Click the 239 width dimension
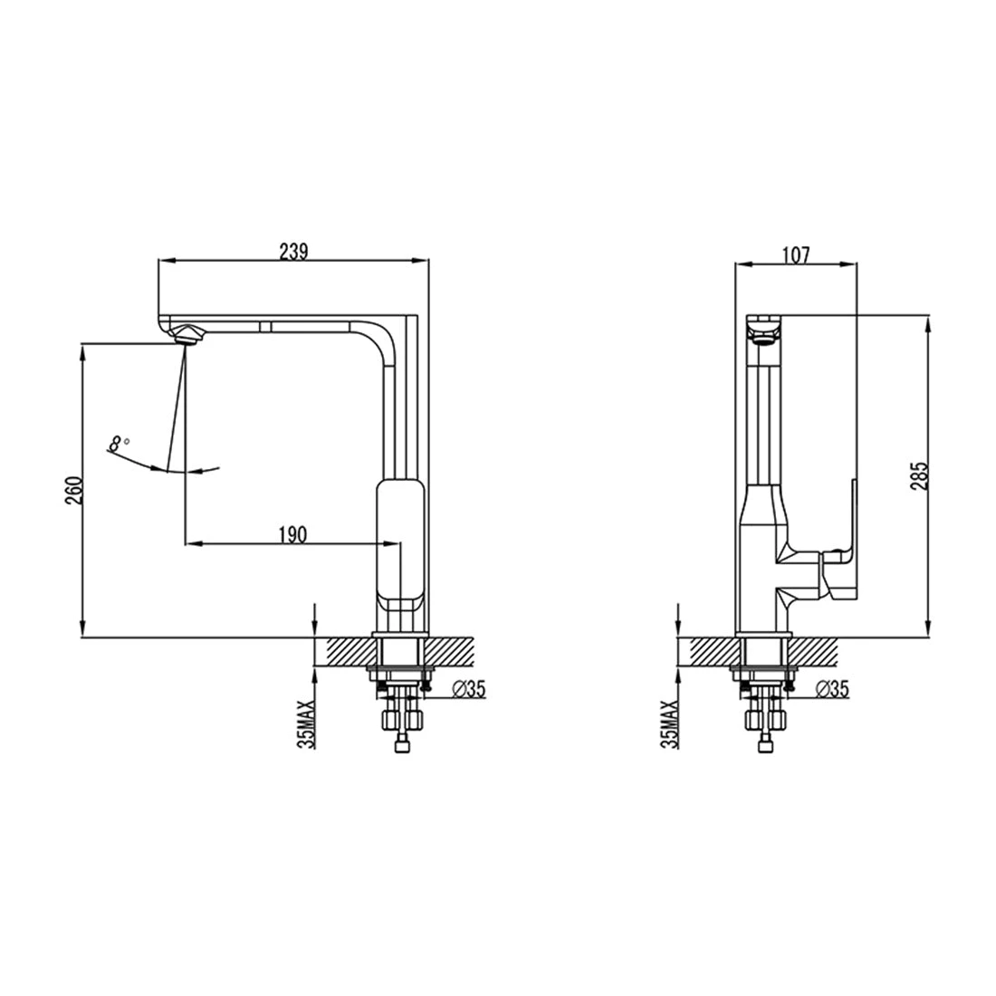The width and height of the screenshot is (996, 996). (x=292, y=254)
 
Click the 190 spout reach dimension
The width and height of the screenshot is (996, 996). (x=292, y=534)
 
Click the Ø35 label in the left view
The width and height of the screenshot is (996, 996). (x=467, y=690)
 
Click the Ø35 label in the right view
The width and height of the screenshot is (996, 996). (x=831, y=690)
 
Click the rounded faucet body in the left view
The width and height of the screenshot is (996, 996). (x=399, y=543)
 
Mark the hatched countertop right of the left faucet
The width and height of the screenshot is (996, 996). (x=449, y=650)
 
